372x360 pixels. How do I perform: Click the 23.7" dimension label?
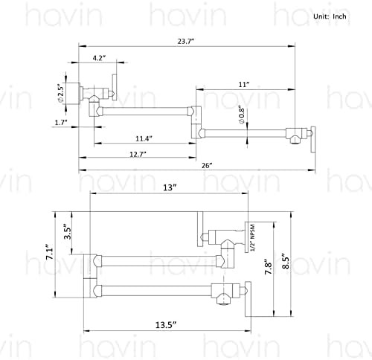(185, 41)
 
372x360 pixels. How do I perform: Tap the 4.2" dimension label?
(99, 58)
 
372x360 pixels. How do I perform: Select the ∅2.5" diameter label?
(61, 92)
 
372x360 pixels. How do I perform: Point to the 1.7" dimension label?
(61, 122)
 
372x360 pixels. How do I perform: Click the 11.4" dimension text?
(144, 138)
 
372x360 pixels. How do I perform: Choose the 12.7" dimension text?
(138, 154)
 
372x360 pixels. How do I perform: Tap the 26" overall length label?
(207, 165)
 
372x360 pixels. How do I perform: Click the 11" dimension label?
(244, 85)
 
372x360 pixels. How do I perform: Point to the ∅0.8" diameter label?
(242, 116)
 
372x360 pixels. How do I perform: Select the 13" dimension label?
(170, 187)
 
